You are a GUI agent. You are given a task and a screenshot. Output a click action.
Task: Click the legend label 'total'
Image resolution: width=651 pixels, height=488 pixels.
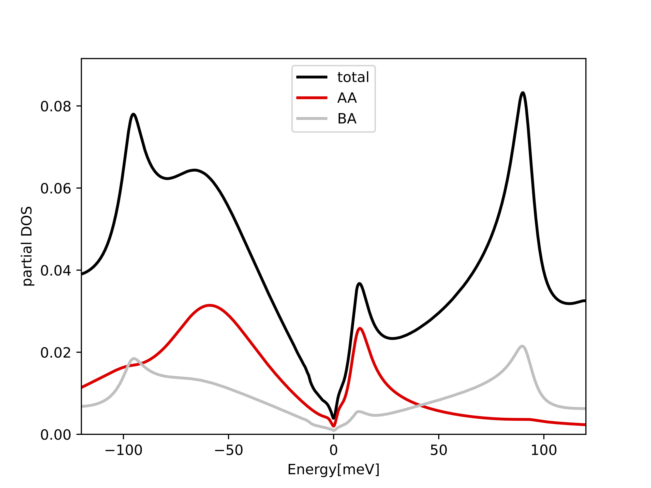point(353,77)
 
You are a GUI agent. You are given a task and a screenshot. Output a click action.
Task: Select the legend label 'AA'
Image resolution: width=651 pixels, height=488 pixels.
point(347,98)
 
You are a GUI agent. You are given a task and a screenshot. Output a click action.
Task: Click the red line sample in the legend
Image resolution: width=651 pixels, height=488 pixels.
point(312,98)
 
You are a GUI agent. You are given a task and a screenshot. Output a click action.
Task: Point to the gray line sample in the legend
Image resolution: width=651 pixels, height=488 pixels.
point(312,118)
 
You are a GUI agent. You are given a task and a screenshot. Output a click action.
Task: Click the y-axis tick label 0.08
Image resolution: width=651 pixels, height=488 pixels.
point(56,106)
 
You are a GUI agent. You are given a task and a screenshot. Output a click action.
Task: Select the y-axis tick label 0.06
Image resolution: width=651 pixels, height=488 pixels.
point(56,188)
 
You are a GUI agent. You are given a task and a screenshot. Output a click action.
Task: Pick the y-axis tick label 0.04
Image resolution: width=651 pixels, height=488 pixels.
point(56,270)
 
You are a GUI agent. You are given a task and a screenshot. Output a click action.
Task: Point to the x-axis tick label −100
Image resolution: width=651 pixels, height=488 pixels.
point(123,450)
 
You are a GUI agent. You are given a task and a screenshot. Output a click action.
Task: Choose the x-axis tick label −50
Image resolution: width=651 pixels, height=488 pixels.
point(228,450)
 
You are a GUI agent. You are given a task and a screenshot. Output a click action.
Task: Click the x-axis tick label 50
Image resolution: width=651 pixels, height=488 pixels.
point(438,450)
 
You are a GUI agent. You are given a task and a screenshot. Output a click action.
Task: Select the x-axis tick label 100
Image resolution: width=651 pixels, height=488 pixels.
point(544,450)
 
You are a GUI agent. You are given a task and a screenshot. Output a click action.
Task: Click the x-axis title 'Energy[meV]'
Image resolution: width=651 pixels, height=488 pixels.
point(333,469)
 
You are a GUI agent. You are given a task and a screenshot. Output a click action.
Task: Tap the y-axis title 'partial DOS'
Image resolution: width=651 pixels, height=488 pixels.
point(27,246)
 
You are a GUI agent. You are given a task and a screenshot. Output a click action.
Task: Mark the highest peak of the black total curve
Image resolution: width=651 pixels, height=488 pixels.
point(523,93)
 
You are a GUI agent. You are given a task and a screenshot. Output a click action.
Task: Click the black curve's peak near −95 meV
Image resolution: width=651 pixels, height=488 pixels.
point(133,114)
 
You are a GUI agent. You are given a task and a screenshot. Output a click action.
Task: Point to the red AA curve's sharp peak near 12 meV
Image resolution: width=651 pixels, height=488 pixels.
point(360,328)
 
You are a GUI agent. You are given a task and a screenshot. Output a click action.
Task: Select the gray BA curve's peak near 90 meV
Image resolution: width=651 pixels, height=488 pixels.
point(522,346)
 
